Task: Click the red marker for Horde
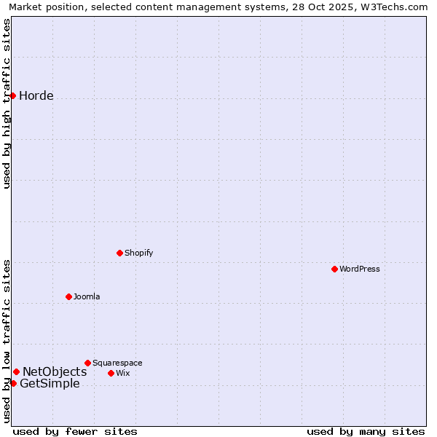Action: tap(12, 95)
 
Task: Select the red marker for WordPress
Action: tap(334, 269)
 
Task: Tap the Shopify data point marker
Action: tap(119, 253)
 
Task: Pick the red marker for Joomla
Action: tap(68, 296)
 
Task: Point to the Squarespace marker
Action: tap(87, 363)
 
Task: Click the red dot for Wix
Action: tap(111, 373)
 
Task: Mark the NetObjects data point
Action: tap(16, 371)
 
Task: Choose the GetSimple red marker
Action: tap(13, 383)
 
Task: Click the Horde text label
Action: tap(36, 95)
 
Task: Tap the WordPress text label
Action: tap(360, 269)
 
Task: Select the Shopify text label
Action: tap(138, 253)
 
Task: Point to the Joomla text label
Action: tap(87, 296)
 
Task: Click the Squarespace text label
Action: tap(117, 363)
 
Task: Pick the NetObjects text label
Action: tap(55, 371)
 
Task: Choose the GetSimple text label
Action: tap(50, 384)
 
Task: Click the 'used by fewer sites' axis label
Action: tap(75, 431)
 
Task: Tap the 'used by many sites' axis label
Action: tap(366, 431)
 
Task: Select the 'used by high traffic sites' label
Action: tap(7, 103)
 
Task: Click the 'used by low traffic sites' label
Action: tap(7, 341)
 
